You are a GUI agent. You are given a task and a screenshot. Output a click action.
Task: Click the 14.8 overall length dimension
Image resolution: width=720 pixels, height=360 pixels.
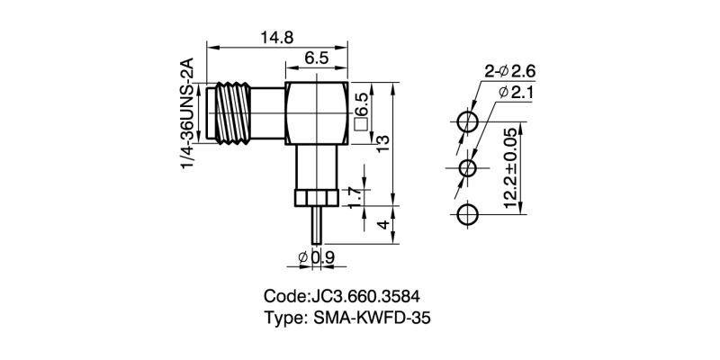click(x=277, y=37)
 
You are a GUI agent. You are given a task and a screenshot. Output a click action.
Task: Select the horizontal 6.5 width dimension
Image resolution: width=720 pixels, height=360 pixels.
click(x=317, y=58)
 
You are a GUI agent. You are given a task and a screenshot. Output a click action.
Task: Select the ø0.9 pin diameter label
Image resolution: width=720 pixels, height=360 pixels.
click(x=317, y=259)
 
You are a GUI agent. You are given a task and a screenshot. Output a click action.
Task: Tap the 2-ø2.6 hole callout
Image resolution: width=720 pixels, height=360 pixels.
click(x=510, y=71)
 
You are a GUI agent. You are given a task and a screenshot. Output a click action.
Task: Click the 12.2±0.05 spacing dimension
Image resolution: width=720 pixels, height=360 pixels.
click(x=510, y=168)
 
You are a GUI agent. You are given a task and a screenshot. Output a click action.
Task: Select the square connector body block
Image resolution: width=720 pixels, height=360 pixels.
click(x=317, y=113)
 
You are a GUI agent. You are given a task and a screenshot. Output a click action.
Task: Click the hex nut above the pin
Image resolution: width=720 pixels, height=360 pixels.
click(x=316, y=198)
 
